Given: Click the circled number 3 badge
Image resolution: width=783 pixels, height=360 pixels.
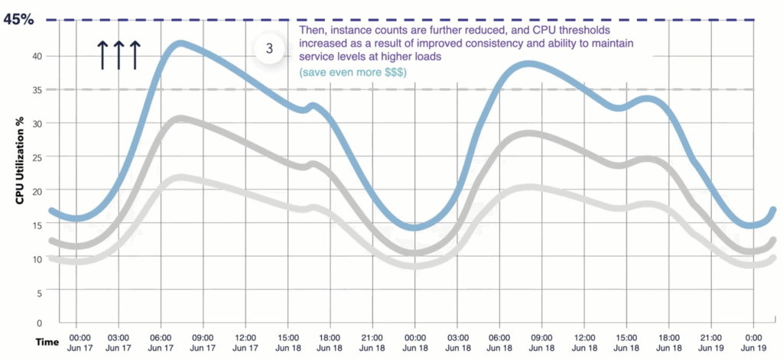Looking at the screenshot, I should pos(269,47).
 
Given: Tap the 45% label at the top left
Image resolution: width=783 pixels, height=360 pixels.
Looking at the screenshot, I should pos(19,20).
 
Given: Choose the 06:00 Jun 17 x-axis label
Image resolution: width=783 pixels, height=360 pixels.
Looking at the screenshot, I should pos(160,342).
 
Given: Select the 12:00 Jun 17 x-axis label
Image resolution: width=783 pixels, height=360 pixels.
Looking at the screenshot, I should pos(245,342).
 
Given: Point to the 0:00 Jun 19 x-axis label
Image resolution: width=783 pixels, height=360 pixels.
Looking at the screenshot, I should pos(754,342).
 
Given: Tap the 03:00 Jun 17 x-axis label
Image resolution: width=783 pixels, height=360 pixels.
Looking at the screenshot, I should pos(118,342).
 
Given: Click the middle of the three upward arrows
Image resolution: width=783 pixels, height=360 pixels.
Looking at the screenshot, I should pos(119,55).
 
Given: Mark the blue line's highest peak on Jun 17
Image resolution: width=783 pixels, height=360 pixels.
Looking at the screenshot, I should pos(180,43).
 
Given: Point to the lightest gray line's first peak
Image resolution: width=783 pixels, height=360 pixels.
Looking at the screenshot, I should pos(177,177).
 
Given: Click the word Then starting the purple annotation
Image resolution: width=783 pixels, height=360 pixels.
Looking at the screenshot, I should pos(311,30).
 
